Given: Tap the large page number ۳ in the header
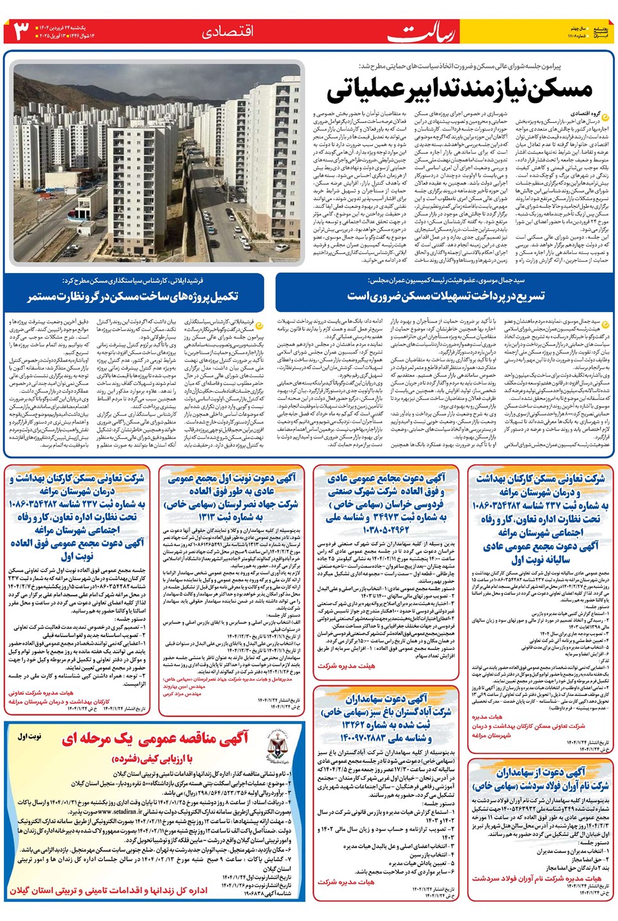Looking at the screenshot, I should coord(21,31).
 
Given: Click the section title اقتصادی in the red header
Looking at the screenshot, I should coord(228,31).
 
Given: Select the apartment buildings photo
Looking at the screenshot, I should coord(157,163).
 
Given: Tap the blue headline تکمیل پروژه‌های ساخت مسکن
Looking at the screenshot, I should coord(132,296).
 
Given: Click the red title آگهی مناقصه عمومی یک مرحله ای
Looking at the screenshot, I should coord(155,739).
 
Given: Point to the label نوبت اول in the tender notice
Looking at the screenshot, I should coord(29,737).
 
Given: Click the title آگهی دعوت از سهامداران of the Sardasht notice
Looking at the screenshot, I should coord(541,772).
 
